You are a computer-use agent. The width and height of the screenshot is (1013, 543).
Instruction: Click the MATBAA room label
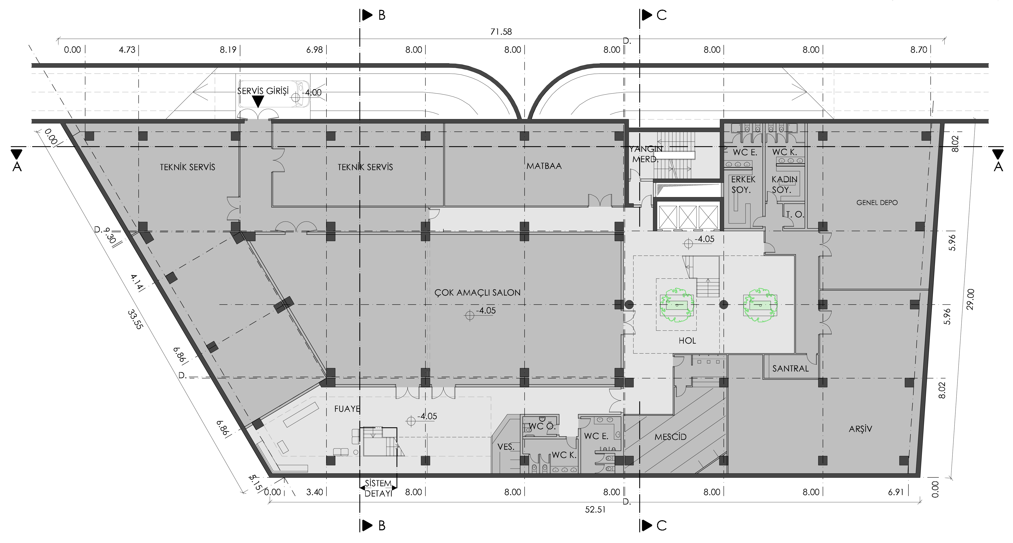click(544, 166)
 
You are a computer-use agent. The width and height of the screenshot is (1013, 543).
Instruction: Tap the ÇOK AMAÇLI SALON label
click(477, 292)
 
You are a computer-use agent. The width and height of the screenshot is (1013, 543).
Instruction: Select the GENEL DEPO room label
click(877, 203)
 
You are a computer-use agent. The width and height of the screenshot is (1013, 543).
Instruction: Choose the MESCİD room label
click(670, 437)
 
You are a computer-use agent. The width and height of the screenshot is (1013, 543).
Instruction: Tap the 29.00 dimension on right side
click(970, 299)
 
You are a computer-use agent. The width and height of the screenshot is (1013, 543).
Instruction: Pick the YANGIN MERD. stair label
click(646, 154)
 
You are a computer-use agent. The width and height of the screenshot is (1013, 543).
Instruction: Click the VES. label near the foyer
click(506, 447)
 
